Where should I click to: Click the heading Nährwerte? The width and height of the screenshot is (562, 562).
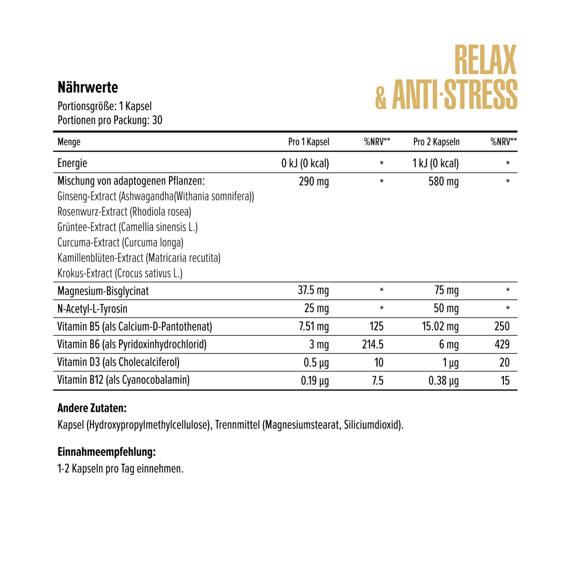88,87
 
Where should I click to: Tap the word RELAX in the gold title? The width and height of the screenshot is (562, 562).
485,60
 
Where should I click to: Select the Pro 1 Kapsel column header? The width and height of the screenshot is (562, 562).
309,142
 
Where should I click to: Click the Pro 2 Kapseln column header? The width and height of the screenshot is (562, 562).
436,142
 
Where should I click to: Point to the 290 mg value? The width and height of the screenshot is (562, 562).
314,182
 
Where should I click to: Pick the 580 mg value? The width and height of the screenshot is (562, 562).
443,182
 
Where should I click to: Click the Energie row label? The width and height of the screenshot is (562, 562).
72,163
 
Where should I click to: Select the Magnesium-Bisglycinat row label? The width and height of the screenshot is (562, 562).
103,291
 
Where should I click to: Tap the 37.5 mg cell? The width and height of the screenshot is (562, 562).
313,290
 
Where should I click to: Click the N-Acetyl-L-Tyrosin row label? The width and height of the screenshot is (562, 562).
92,309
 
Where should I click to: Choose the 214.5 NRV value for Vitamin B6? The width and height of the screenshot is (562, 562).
373,344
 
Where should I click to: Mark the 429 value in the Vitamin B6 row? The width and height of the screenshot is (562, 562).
502,344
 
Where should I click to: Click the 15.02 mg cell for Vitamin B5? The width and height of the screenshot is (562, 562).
440,326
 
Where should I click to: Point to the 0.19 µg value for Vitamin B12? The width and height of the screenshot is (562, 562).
314,380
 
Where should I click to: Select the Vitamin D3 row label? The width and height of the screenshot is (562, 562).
118,362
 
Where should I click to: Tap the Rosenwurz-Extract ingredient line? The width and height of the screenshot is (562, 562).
124,212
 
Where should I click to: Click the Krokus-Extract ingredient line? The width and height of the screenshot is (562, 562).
120,273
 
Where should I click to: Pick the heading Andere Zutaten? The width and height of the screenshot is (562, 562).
92,408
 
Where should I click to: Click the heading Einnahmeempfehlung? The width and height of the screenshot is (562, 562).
107,452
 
